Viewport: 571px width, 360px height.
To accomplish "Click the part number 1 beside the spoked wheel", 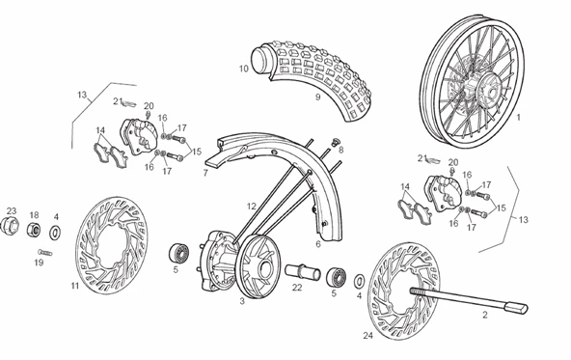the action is tap(519, 118).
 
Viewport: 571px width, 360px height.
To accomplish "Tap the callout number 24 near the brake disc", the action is tap(368, 336).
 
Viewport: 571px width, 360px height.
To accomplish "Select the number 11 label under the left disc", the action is tap(75, 286).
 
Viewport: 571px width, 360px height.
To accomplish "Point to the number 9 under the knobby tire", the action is tap(317, 97).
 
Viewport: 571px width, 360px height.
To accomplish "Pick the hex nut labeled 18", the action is tap(33, 229).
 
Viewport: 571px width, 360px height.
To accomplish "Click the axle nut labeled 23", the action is tap(9, 225).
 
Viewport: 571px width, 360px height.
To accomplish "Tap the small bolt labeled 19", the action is tap(44, 252).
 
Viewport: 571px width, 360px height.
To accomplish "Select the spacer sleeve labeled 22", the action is tap(302, 272).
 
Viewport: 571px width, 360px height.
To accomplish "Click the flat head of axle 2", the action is tap(516, 308).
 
